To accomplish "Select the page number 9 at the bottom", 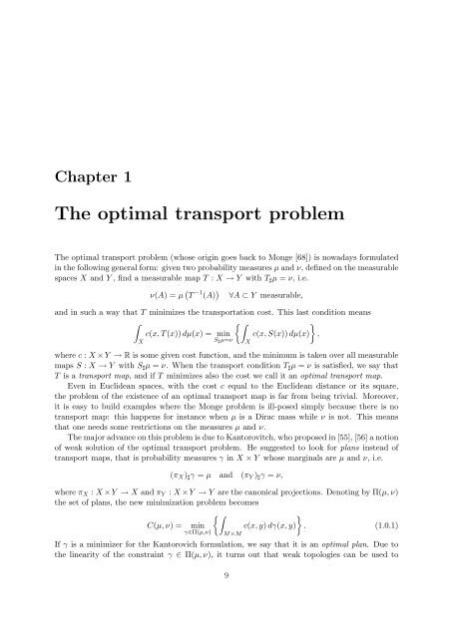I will [x=225, y=601].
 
